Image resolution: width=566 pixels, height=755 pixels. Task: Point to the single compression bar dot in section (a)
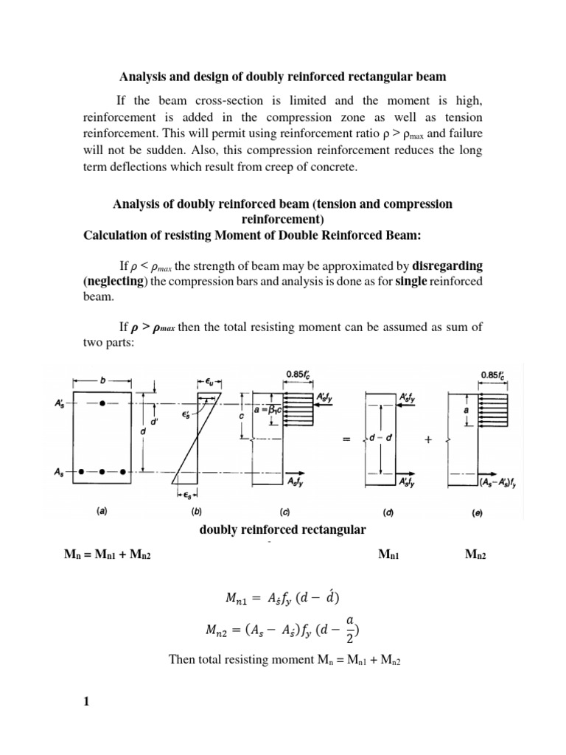(x=103, y=403)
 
